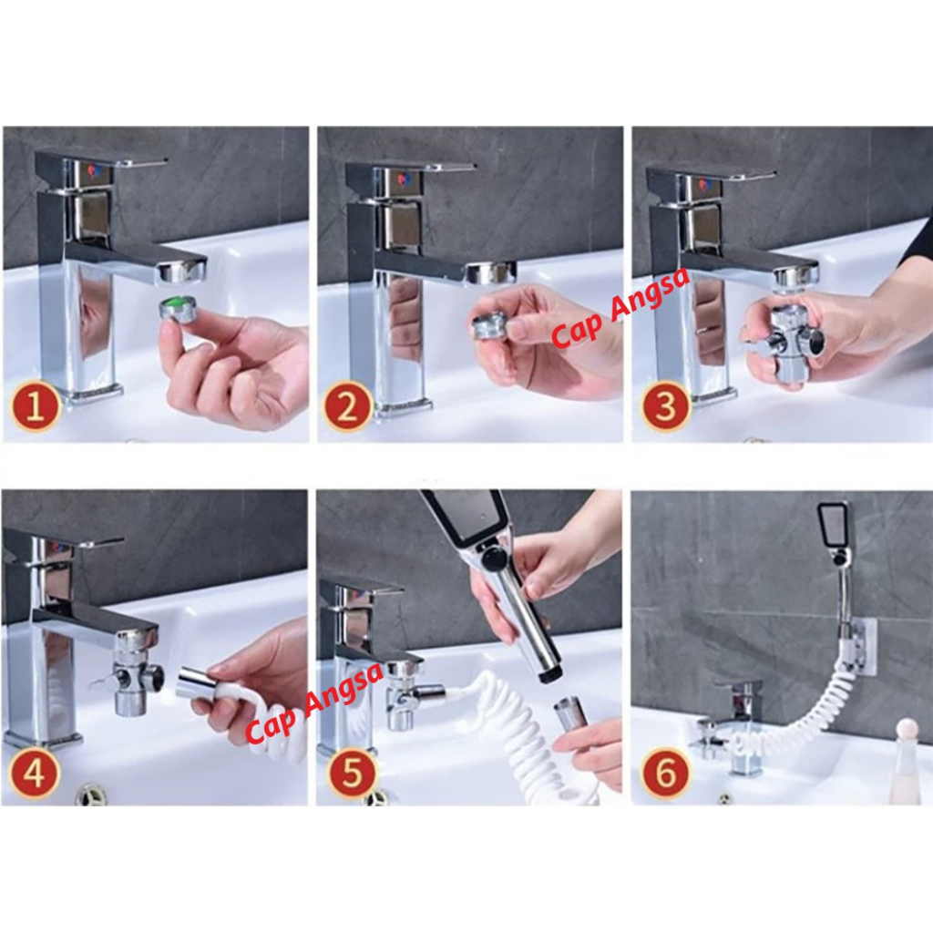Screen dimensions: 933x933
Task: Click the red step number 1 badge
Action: [36, 408]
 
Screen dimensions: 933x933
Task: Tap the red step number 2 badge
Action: [347, 408]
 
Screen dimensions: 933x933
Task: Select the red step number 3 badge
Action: [665, 407]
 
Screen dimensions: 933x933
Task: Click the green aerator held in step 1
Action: [177, 312]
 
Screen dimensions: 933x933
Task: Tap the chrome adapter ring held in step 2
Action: [489, 327]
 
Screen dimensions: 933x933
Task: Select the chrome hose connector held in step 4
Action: [199, 682]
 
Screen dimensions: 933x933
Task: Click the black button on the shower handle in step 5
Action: [490, 559]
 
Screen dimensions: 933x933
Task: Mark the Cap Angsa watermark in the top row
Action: [620, 306]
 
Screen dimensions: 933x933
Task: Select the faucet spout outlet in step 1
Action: [182, 273]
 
